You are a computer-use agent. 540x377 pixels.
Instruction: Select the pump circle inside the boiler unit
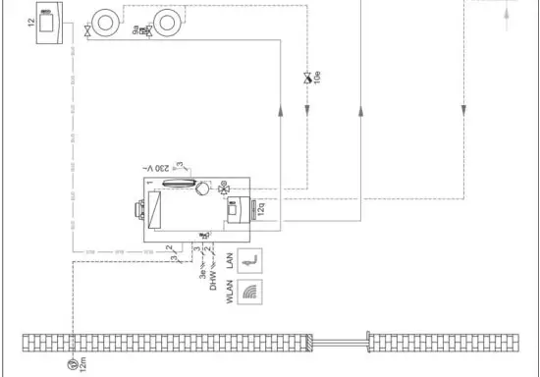202,188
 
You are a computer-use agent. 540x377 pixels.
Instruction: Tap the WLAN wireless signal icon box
252,293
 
